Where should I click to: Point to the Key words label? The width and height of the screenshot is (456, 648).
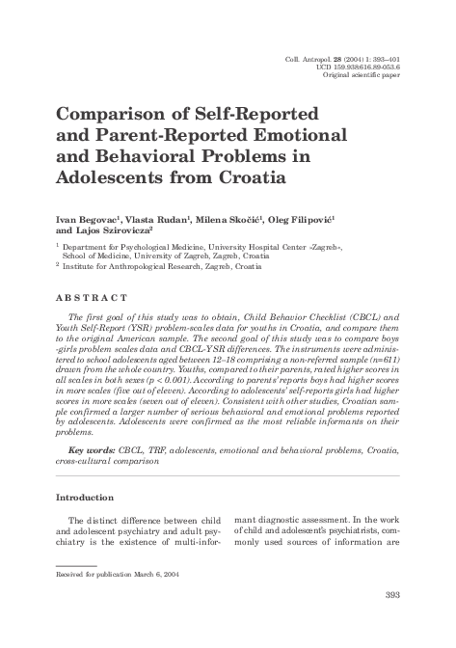pos(95,449)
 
